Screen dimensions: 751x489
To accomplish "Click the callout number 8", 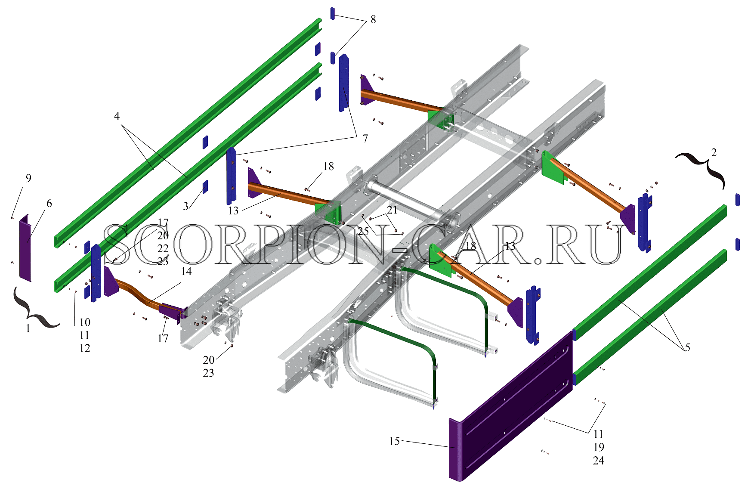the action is (373, 19).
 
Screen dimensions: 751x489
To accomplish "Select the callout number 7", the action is (365, 139).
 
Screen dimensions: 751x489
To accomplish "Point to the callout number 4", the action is (117, 116).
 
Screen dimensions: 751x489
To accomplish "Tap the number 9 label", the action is (28, 178).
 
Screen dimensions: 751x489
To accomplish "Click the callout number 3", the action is (185, 206).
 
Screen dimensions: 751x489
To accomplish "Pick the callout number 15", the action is (394, 441).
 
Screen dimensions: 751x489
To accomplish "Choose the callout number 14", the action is (186, 272).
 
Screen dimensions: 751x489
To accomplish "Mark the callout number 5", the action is (687, 347).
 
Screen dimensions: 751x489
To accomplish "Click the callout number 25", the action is (363, 231).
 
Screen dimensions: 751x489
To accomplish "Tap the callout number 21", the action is (392, 210).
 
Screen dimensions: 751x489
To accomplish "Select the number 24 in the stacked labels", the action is (598, 461).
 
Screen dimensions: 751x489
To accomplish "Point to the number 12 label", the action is (85, 348).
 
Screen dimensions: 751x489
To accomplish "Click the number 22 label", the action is (163, 248).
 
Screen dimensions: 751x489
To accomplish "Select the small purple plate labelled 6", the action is (25, 248).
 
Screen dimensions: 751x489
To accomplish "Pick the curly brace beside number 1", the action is (34, 308).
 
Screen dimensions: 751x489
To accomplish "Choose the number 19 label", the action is (598, 447).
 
